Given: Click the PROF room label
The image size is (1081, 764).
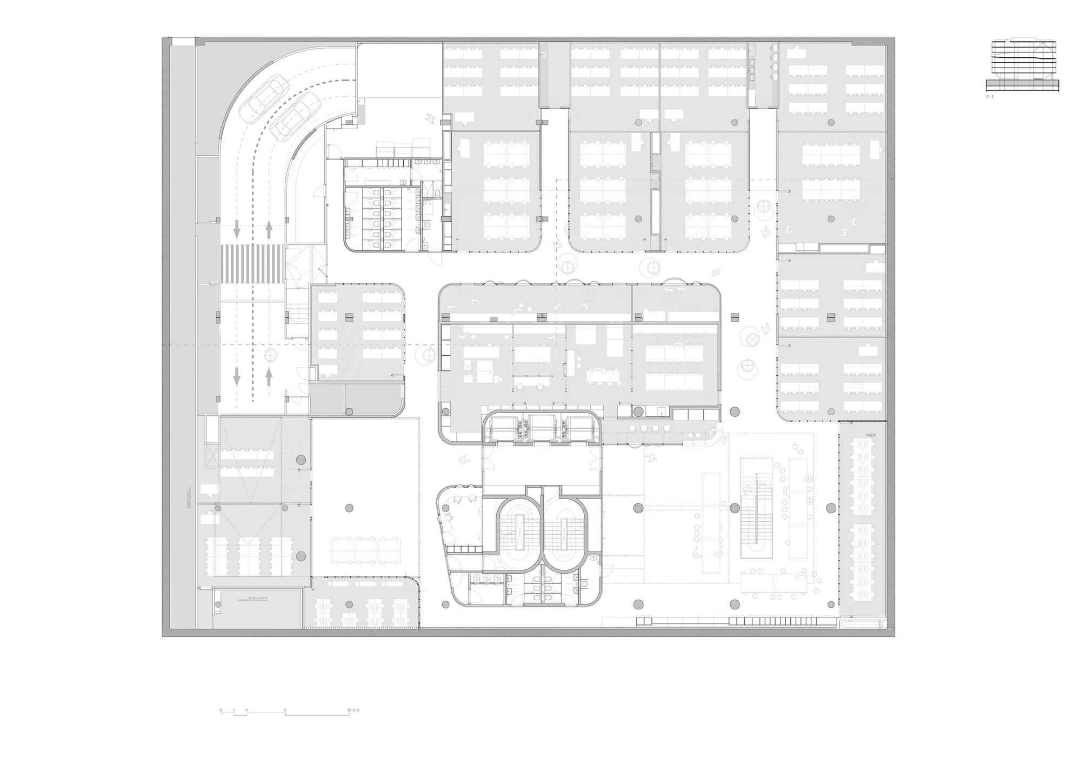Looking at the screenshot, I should coord(871,435).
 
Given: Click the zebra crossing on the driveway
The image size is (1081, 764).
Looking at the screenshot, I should coord(252,263).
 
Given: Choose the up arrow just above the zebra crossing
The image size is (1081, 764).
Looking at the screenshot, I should coord(269,229).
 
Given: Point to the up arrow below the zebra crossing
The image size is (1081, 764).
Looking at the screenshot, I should coord(269,376).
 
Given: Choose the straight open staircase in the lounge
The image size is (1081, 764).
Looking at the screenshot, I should coord(756,508).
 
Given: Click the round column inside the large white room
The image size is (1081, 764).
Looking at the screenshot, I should coord(349,508).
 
